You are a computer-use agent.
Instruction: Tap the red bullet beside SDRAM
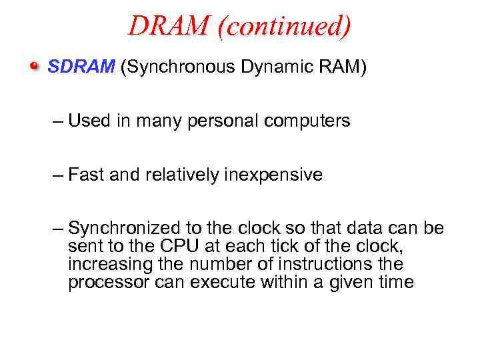35,67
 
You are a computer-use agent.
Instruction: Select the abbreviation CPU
176,247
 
